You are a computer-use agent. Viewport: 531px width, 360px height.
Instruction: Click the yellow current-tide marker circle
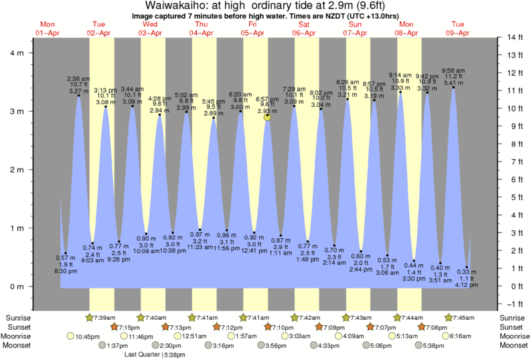click(x=268, y=117)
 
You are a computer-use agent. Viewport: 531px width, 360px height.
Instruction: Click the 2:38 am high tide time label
click(x=79, y=78)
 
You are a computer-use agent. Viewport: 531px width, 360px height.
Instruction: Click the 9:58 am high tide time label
click(x=454, y=70)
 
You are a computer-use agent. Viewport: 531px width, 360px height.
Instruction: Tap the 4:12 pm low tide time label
click(x=467, y=285)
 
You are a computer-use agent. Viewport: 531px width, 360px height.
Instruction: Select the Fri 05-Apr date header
click(x=252, y=27)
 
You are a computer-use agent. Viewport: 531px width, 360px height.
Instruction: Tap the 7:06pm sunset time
click(x=435, y=327)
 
